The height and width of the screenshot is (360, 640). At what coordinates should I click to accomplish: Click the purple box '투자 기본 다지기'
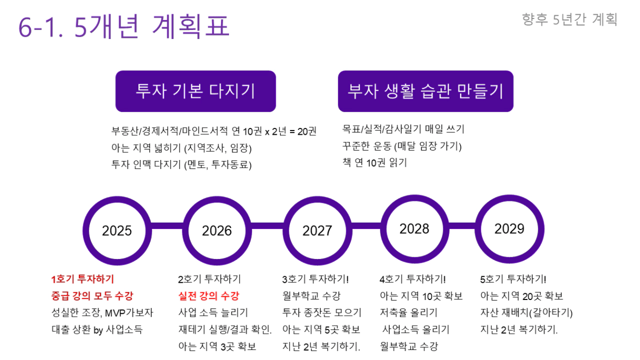[x=196, y=91]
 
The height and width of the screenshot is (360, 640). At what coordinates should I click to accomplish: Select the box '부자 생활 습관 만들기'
[x=426, y=91]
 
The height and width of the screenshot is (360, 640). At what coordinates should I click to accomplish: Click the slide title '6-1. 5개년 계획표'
[x=124, y=26]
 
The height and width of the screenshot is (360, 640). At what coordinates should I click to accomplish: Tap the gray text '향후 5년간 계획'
[x=569, y=19]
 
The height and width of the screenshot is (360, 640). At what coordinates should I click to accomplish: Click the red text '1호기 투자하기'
[x=83, y=279]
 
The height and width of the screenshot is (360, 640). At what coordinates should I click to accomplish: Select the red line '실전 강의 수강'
[x=208, y=296]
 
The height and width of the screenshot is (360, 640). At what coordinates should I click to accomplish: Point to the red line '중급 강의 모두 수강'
[x=92, y=296]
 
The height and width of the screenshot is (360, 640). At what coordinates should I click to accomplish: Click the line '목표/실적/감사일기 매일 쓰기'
[x=404, y=129]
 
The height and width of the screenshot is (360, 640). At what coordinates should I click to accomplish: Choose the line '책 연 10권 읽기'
[x=375, y=163]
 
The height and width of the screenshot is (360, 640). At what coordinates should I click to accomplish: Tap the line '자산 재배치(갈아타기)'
[x=526, y=313]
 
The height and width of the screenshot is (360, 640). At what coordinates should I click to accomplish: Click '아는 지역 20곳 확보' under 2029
[x=522, y=296]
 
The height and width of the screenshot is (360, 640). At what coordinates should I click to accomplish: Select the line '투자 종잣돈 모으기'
[x=322, y=313]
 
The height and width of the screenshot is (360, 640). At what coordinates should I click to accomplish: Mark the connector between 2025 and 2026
[x=167, y=226]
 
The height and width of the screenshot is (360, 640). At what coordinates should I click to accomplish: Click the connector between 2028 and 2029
[x=462, y=226]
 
